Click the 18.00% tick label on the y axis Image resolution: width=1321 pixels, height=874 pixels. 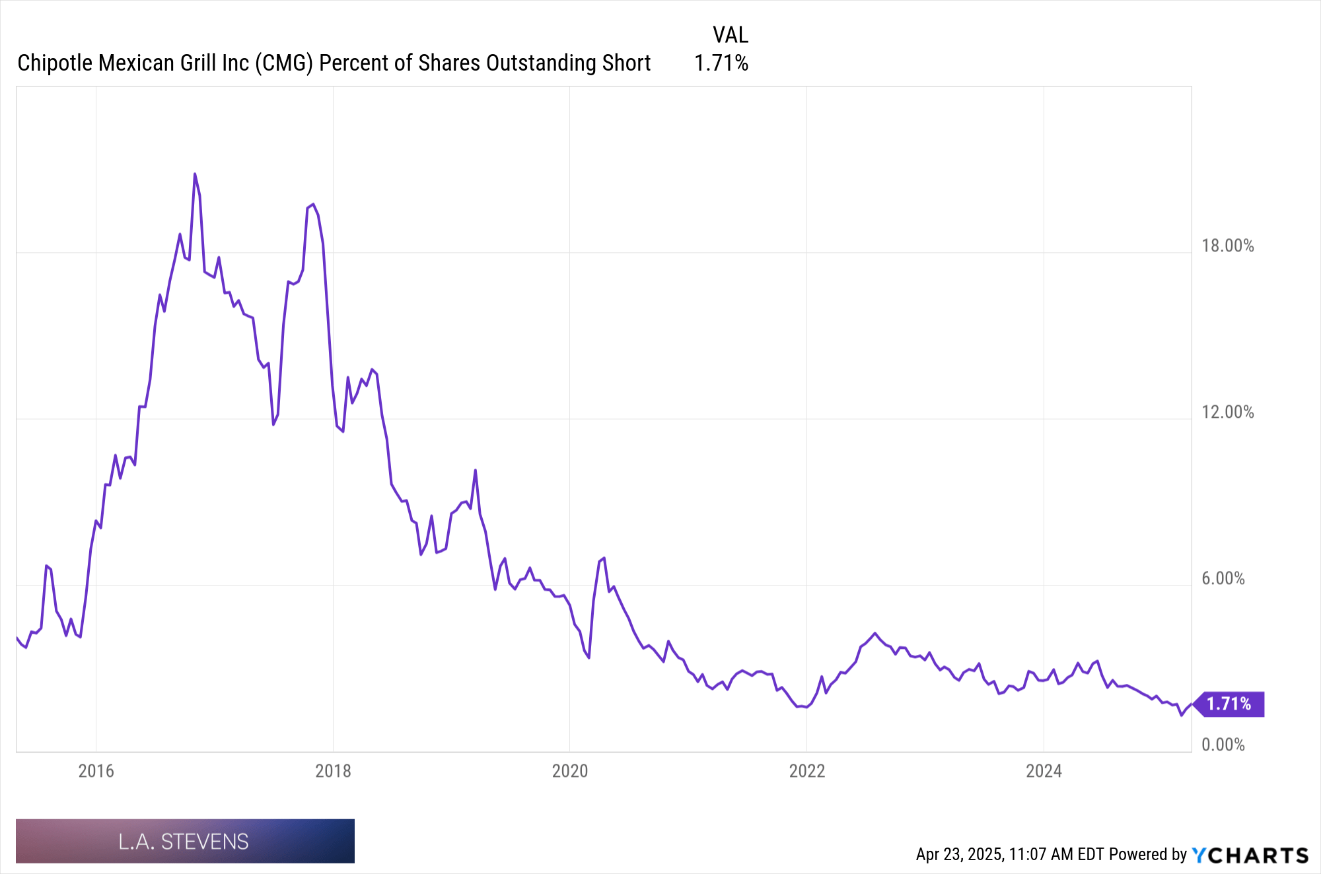pos(1227,246)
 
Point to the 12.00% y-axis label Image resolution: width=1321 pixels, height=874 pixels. pos(1227,412)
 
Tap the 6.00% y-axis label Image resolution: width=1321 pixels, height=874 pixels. pos(1223,578)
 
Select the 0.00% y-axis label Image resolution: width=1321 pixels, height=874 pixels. pos(1223,745)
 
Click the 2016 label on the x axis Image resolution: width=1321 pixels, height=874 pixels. pos(96,770)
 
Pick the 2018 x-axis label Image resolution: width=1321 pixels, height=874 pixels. pos(333,770)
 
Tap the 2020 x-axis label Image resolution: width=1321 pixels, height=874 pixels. pos(569,770)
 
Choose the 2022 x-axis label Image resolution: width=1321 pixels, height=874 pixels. pos(806,770)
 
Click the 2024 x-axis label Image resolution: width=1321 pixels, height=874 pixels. pos(1044,770)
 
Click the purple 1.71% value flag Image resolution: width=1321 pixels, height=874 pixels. pos(1229,704)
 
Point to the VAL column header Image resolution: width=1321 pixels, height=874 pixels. pos(730,35)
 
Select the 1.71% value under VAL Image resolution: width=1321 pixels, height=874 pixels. pos(721,63)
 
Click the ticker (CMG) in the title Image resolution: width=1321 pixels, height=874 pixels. pos(284,63)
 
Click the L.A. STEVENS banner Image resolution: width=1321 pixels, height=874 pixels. pos(185,841)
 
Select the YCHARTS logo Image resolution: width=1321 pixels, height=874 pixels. pos(1250,855)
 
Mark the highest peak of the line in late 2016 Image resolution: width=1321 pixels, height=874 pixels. pos(195,174)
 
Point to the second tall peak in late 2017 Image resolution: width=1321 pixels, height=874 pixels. pos(313,205)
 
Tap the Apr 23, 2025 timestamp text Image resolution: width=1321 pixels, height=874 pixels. pos(960,854)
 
